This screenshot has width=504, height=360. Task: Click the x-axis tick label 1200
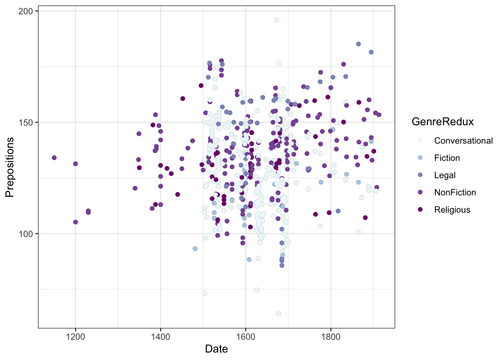(75, 336)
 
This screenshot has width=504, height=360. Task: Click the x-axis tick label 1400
(160, 336)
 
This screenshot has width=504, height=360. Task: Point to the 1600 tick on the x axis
(246, 336)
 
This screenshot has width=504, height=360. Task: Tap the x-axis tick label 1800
(331, 336)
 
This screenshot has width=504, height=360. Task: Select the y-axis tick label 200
(26, 11)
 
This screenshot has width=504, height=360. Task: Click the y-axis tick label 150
(26, 123)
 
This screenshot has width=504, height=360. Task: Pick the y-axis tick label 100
(26, 234)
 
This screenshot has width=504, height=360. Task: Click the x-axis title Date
(216, 349)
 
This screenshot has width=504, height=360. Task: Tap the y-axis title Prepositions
(10, 167)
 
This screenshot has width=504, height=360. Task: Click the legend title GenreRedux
(442, 122)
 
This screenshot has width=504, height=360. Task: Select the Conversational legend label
(463, 141)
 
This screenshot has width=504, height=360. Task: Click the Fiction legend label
(447, 158)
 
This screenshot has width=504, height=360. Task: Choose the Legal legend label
(445, 175)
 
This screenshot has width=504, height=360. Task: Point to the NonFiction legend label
(455, 192)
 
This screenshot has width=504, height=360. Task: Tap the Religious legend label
(452, 210)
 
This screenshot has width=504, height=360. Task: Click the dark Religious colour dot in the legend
(420, 210)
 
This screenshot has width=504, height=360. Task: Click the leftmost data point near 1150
(54, 158)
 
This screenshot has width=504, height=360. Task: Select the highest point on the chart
(277, 20)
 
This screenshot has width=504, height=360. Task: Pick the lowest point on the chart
(278, 314)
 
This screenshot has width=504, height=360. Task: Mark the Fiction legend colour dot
(420, 158)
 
